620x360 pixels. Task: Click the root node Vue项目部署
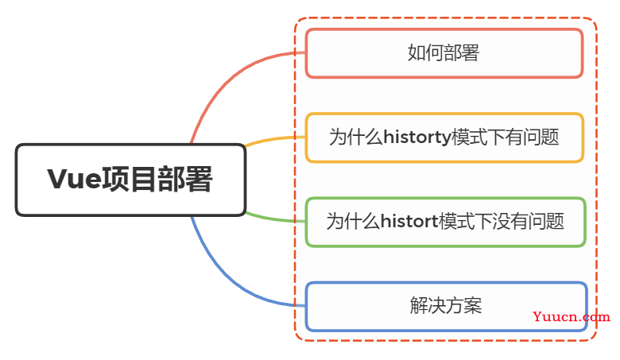click(130, 180)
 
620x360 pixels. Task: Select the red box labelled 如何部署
click(444, 53)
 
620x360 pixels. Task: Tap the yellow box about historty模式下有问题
click(444, 137)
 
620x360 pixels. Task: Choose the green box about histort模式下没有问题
click(445, 222)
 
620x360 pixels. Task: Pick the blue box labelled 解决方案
click(446, 306)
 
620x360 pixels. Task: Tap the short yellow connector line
click(275, 140)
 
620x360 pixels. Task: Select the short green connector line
click(275, 219)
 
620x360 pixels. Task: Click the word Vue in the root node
click(75, 180)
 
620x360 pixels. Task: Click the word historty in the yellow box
click(417, 137)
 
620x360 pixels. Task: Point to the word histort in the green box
click(409, 221)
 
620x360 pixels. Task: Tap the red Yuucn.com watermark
click(572, 316)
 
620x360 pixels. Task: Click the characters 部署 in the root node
click(185, 180)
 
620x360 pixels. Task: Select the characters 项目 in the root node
click(130, 180)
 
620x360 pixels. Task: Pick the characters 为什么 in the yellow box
click(356, 137)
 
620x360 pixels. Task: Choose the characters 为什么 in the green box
click(353, 221)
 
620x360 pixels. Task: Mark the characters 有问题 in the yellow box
click(533, 137)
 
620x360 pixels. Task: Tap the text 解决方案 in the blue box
click(446, 305)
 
